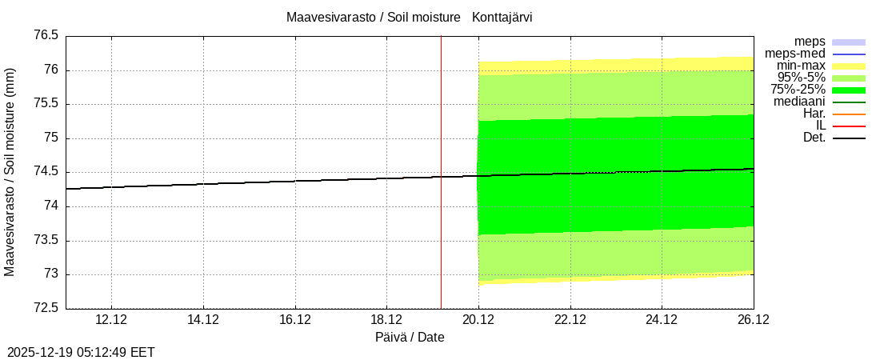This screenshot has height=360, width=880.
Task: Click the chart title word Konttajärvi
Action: (502, 17)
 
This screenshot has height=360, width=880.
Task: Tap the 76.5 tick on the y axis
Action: (46, 36)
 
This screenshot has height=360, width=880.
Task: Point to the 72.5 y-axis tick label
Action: (46, 309)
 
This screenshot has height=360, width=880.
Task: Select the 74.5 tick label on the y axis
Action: (46, 172)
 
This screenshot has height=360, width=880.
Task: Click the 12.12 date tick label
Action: (111, 320)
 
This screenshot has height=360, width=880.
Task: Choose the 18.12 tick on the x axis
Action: (386, 320)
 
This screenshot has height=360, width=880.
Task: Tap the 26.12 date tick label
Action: (753, 320)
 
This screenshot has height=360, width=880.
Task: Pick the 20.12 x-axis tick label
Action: (478, 320)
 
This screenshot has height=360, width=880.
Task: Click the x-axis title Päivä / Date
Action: (410, 338)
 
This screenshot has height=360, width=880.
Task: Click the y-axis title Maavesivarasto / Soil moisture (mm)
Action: (10, 172)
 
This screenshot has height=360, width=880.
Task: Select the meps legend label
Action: (810, 42)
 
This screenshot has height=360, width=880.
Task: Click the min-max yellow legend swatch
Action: (849, 66)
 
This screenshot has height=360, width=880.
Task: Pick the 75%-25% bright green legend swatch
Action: (849, 90)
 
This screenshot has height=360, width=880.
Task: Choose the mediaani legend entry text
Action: (799, 102)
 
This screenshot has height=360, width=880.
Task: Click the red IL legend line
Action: (849, 126)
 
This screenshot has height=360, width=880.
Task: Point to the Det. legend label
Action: (814, 138)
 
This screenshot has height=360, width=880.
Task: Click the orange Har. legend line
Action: (849, 114)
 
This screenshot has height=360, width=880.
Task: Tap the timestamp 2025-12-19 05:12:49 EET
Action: (81, 352)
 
